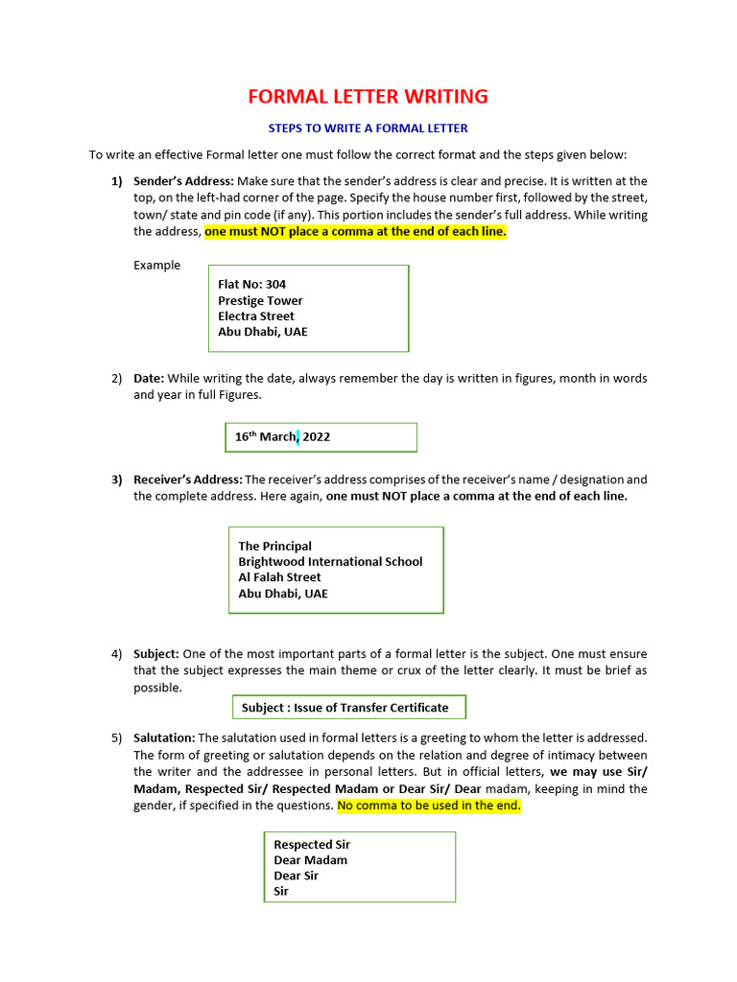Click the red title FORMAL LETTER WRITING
click(368, 97)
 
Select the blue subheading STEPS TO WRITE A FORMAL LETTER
click(368, 128)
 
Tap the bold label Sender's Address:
click(183, 180)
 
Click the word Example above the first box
click(156, 265)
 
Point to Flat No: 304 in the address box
click(251, 284)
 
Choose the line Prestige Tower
click(260, 300)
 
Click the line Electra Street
click(256, 316)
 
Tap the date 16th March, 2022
click(282, 436)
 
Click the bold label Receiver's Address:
click(188, 479)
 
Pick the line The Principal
click(274, 546)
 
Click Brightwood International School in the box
click(330, 561)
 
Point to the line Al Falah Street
click(279, 577)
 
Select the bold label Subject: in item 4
click(156, 654)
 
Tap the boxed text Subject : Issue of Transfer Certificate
click(345, 708)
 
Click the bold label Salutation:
click(164, 737)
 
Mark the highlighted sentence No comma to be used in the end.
click(429, 806)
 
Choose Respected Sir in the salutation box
click(312, 845)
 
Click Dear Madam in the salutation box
click(310, 860)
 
